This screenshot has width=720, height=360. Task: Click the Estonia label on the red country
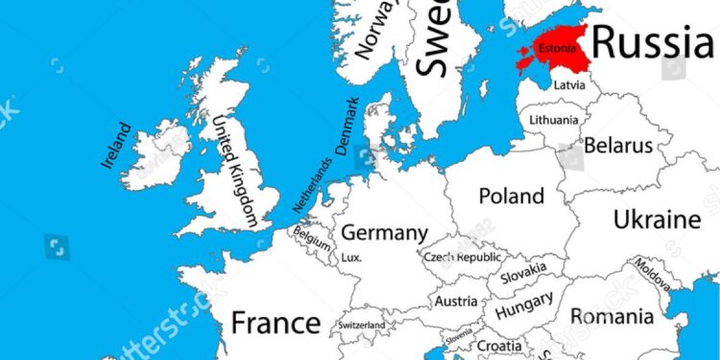tap(558, 48)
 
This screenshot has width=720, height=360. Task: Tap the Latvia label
tap(567, 85)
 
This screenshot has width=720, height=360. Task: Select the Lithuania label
tap(555, 120)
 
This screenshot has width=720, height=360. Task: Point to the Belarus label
tap(618, 146)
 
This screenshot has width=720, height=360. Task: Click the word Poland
tap(511, 196)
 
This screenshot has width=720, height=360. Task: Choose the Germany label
tap(384, 232)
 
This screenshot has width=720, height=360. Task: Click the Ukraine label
tap(657, 219)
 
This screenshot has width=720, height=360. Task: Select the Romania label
tap(612, 316)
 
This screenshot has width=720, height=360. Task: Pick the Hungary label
tap(524, 307)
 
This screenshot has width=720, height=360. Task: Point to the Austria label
tap(456, 301)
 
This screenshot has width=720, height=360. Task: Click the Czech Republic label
tap(463, 258)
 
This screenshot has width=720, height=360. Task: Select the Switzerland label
tap(362, 325)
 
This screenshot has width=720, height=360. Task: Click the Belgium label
tap(312, 236)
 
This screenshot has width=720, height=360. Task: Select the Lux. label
tap(351, 257)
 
